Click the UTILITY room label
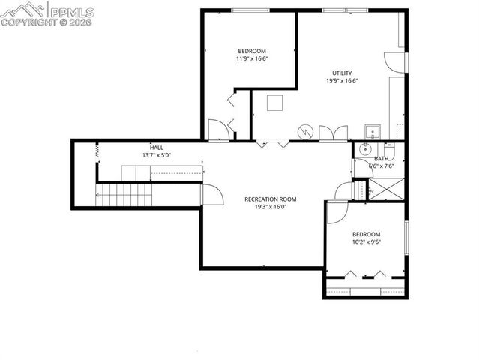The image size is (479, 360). click(337, 73)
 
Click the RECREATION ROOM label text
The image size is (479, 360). click(271, 199)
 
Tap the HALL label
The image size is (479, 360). click(156, 148)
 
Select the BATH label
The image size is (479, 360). click(382, 158)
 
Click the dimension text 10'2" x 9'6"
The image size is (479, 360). click(367, 242)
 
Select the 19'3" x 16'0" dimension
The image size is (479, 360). click(271, 207)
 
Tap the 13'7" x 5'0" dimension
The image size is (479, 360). click(156, 155)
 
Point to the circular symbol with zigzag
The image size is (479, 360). click(305, 132)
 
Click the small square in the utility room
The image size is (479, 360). click(274, 103)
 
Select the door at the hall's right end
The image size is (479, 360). click(213, 196)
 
